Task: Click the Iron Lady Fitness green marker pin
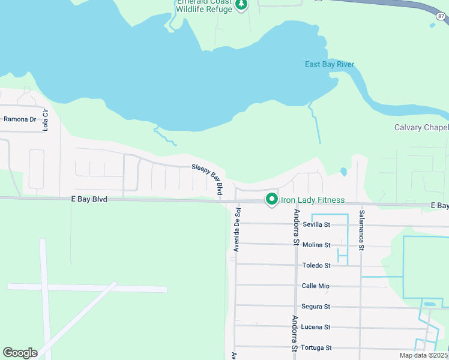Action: [271, 199]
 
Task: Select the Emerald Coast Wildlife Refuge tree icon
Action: [241, 5]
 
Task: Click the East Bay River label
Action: [330, 64]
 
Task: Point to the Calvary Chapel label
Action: [421, 127]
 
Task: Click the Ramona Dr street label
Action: [20, 119]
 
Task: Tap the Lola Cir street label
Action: [45, 122]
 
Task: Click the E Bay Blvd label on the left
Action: [88, 199]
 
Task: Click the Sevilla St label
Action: [316, 224]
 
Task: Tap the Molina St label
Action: [316, 245]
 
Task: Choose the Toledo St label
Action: [316, 265]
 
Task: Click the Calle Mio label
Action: [316, 286]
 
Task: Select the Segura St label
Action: [316, 307]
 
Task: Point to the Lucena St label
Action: [316, 327]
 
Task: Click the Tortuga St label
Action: [316, 347]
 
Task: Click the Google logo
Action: [20, 353]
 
